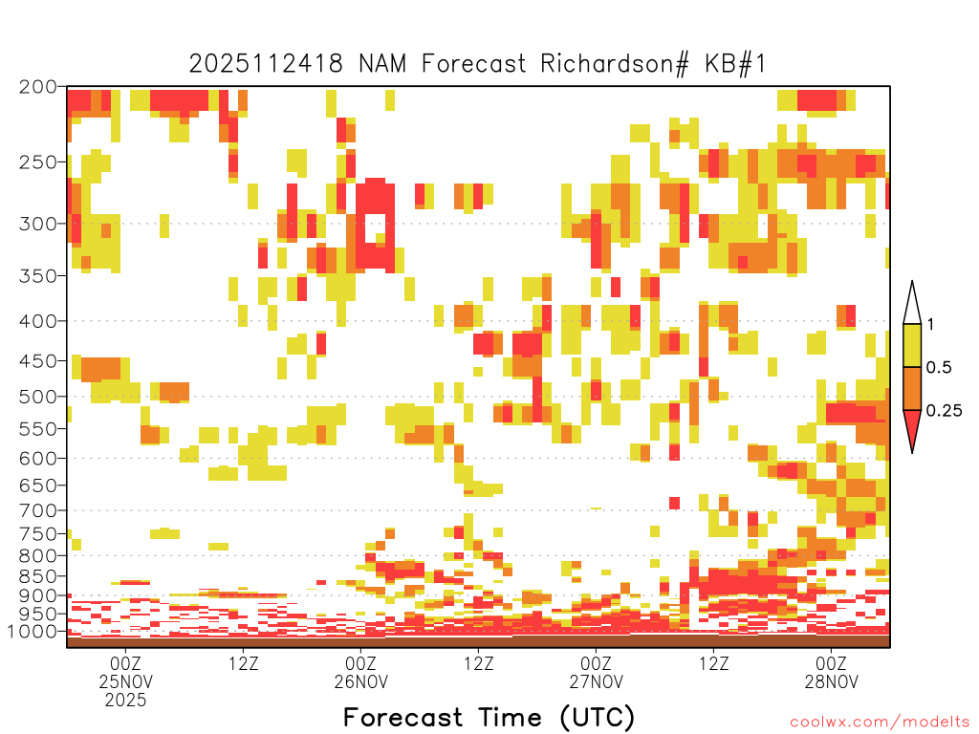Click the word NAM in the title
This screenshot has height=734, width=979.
[382, 64]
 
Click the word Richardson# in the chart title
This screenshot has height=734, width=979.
[615, 64]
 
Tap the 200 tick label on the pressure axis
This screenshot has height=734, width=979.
[38, 87]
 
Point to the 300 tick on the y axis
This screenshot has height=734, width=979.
[38, 224]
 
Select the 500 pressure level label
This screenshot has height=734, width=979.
[38, 397]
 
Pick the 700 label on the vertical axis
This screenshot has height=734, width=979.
[38, 510]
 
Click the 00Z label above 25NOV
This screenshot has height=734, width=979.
[125, 663]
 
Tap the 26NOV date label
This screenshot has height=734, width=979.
[360, 681]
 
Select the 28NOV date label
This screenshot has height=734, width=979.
[832, 681]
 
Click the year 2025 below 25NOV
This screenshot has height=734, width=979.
[125, 701]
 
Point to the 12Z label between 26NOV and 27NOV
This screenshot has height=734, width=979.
[478, 663]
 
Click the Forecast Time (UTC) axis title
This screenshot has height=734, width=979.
[489, 718]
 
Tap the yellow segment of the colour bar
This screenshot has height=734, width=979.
[912, 345]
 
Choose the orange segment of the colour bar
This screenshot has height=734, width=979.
[912, 388]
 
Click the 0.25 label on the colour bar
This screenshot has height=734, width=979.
[944, 411]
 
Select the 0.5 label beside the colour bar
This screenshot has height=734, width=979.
[939, 368]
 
